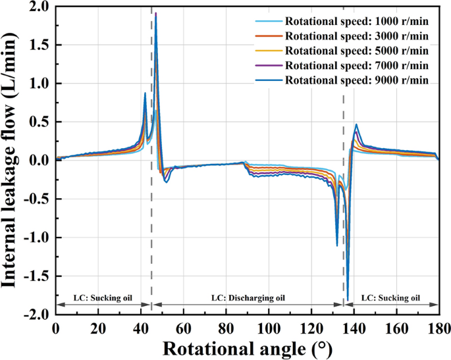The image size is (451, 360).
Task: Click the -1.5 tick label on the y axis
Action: click(x=38, y=276)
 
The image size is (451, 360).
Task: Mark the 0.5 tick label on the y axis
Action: click(x=41, y=122)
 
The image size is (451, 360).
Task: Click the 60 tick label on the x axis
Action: click(x=184, y=326)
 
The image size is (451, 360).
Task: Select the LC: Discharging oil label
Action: click(x=248, y=298)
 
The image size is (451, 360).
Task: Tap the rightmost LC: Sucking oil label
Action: click(x=390, y=298)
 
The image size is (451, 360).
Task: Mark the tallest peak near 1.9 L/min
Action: click(x=155, y=13)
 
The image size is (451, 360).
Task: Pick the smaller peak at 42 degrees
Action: click(x=145, y=93)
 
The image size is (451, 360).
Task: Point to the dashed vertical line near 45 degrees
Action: click(x=151, y=197)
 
